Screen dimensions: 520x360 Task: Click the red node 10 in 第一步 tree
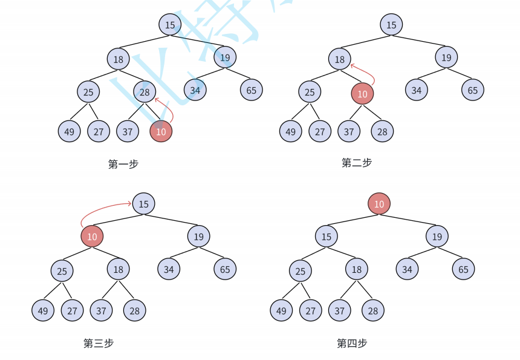pyautogui.click(x=161, y=131)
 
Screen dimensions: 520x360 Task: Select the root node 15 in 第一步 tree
pyautogui.click(x=170, y=25)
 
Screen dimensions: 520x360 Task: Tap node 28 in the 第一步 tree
pyautogui.click(x=145, y=93)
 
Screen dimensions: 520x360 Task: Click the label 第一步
pyautogui.click(x=123, y=164)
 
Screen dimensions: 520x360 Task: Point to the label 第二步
pyautogui.click(x=356, y=163)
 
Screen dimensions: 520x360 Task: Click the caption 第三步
pyautogui.click(x=99, y=343)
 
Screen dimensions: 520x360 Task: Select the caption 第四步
pyautogui.click(x=352, y=343)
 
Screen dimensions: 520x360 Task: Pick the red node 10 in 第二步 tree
pyautogui.click(x=362, y=94)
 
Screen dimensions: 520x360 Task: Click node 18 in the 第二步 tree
pyautogui.click(x=340, y=59)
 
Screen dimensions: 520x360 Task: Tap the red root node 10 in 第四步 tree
pyautogui.click(x=379, y=204)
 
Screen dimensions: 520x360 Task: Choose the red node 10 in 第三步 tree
pyautogui.click(x=92, y=237)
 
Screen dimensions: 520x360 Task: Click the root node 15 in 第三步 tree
pyautogui.click(x=143, y=204)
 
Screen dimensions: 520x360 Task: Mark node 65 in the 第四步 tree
pyautogui.click(x=463, y=269)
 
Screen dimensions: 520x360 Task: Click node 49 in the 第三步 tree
pyautogui.click(x=43, y=311)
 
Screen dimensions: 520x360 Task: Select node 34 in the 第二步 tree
pyautogui.click(x=417, y=91)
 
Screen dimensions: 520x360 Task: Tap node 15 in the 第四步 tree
pyautogui.click(x=327, y=237)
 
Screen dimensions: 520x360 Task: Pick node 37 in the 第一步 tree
pyautogui.click(x=127, y=131)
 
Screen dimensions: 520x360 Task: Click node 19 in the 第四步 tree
pyautogui.click(x=437, y=237)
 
